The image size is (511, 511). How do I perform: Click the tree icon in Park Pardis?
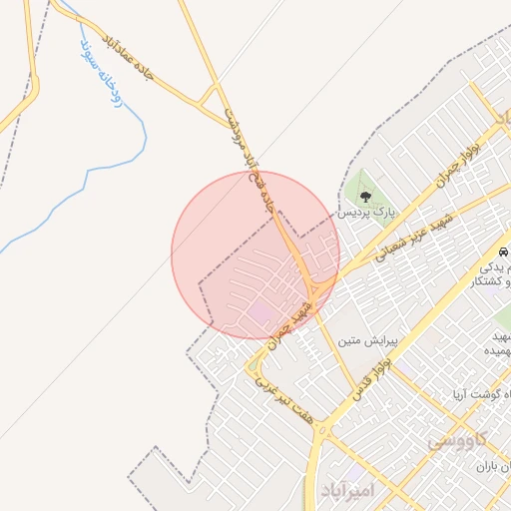[366, 197]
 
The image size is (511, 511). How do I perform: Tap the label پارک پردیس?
[365, 213]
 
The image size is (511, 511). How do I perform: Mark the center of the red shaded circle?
[255, 255]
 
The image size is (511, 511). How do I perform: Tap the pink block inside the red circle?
[259, 314]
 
